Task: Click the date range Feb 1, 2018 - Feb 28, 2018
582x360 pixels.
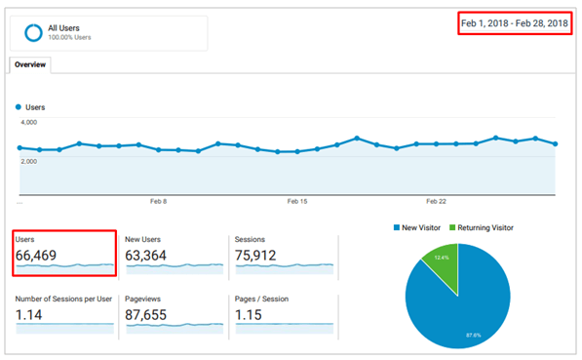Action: pos(515,23)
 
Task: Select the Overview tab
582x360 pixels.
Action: pos(30,64)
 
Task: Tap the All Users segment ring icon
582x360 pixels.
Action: pos(33,33)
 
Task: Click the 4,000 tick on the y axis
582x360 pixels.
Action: pos(29,122)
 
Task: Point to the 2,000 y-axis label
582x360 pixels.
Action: pos(29,161)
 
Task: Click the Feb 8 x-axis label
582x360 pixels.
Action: pos(159,201)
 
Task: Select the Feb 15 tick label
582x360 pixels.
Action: pos(297,201)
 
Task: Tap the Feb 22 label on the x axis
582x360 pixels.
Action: pos(436,201)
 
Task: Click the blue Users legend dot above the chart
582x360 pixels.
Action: pos(19,107)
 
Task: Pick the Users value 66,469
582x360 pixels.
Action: pos(36,256)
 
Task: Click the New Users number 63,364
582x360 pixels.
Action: pos(145,256)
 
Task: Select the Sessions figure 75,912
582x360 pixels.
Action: pos(255,256)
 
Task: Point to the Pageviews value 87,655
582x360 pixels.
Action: pos(145,315)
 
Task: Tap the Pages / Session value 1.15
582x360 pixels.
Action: pos(249,315)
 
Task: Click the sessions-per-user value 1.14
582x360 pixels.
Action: pos(28,315)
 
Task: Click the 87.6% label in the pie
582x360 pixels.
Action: pos(473,335)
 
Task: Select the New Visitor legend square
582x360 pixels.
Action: pos(397,227)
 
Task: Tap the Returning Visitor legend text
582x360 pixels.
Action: pos(485,227)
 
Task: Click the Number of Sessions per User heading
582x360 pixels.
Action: pos(63,300)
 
